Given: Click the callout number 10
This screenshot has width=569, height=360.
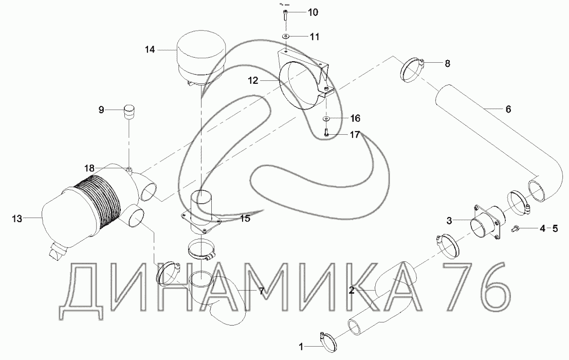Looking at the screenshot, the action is click(x=312, y=12).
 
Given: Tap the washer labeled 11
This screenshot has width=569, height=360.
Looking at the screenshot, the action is click(x=286, y=37).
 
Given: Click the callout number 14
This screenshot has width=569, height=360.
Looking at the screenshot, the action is click(x=150, y=50).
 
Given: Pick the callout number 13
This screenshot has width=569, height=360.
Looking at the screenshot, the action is click(x=17, y=219).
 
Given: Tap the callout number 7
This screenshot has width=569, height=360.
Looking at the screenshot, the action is click(x=261, y=291).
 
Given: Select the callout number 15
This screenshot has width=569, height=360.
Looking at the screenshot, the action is click(x=245, y=219).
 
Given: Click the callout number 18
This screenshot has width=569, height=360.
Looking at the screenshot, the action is click(x=90, y=168).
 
